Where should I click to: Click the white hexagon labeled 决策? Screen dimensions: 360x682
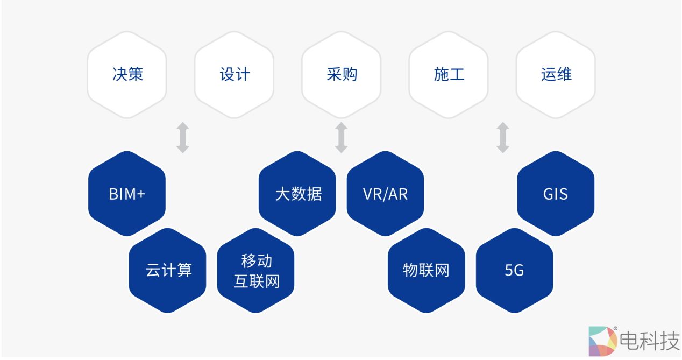127,74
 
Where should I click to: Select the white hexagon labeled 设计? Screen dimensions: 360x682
234,74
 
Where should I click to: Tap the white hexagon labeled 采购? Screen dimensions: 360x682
342,74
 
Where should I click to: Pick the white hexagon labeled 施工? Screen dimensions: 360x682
449,74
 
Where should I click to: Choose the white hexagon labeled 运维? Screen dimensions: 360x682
556,74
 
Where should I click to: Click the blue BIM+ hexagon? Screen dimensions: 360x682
127,194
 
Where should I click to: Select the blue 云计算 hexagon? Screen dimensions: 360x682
168,270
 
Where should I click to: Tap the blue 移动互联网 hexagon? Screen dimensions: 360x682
256,271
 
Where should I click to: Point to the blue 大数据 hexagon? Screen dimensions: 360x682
297,194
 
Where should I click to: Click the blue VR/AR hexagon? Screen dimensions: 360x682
385,194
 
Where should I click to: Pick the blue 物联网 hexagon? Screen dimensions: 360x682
426,270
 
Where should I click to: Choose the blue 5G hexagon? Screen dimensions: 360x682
514,270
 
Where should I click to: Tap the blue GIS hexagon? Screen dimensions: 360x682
556,194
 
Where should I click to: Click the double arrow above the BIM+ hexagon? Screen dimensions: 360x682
183,137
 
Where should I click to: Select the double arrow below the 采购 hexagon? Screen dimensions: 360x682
341,137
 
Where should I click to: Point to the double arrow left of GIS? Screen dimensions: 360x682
503,137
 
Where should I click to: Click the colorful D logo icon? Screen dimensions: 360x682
603,341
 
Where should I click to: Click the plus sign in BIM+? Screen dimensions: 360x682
141,194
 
